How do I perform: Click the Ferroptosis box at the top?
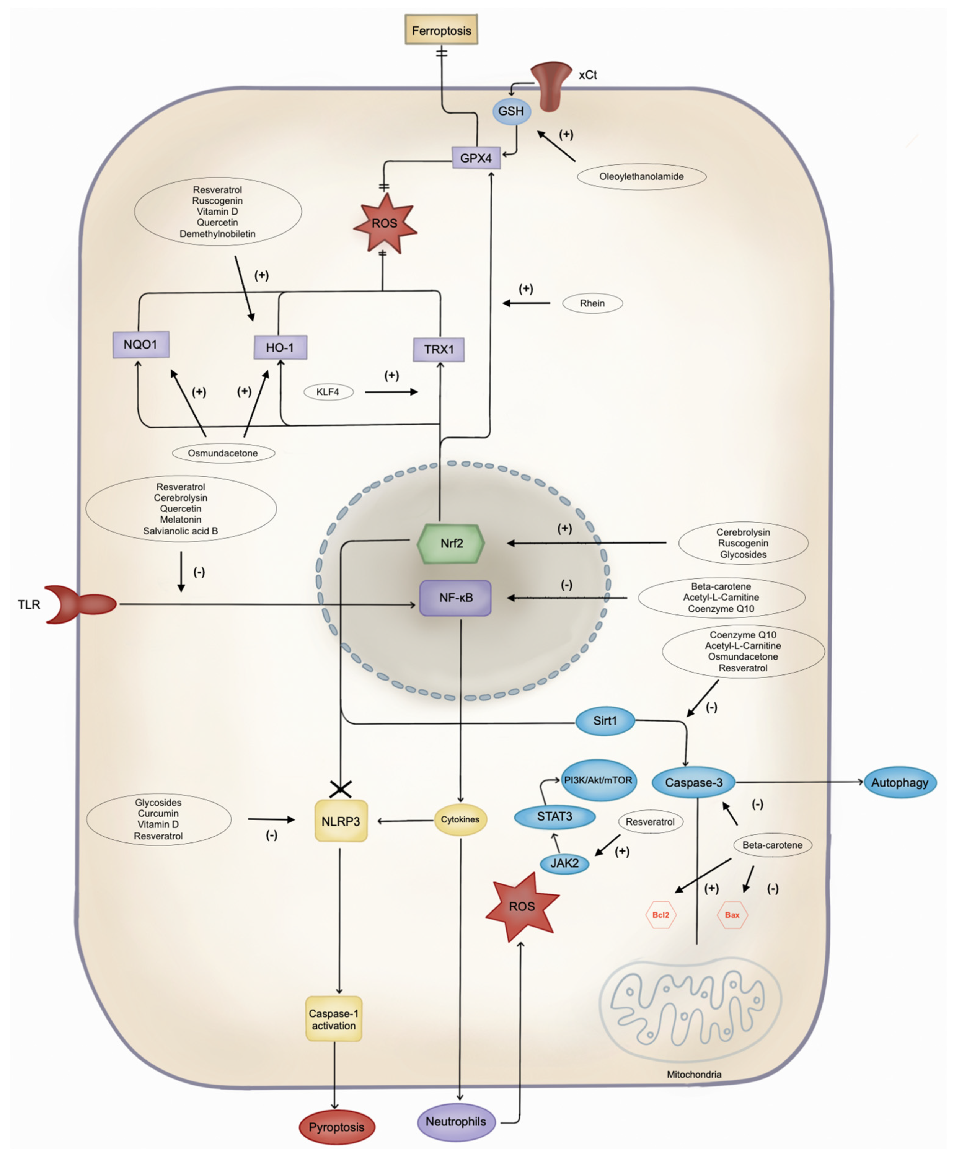click(441, 30)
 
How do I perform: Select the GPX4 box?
click(476, 158)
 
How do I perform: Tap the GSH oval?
click(511, 111)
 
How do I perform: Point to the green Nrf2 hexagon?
click(451, 543)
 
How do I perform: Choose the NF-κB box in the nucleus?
click(455, 598)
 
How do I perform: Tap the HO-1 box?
click(280, 347)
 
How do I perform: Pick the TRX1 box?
click(439, 349)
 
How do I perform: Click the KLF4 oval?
click(328, 392)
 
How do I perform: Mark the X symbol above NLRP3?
click(340, 789)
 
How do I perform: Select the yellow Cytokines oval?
click(460, 819)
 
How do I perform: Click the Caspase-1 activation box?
click(334, 1019)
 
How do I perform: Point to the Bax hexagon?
click(732, 915)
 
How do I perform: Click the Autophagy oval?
click(900, 782)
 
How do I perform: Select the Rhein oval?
click(592, 303)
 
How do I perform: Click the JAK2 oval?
click(564, 863)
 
